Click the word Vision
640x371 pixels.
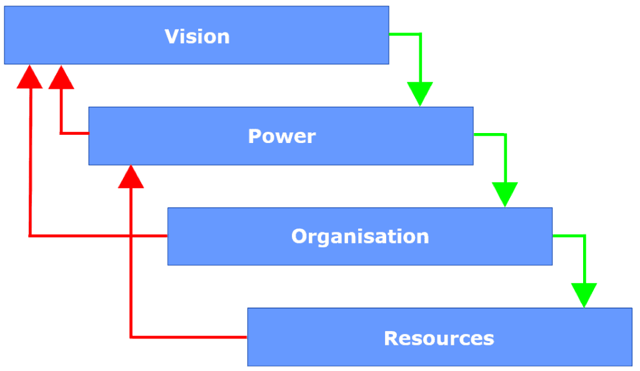[197, 36]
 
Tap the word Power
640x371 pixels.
[281, 136]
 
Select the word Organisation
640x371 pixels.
[360, 236]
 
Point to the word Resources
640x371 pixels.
[439, 338]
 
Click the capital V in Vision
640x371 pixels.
[171, 36]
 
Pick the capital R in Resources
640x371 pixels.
[391, 338]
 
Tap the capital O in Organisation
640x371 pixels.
[299, 236]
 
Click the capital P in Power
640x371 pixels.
[255, 136]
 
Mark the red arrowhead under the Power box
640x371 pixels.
[131, 177]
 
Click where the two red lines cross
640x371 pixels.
[131, 236]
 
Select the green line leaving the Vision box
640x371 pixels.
[405, 34]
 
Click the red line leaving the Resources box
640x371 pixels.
[187, 337]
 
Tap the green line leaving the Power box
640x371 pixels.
[489, 134]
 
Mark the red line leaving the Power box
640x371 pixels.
[74, 133]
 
